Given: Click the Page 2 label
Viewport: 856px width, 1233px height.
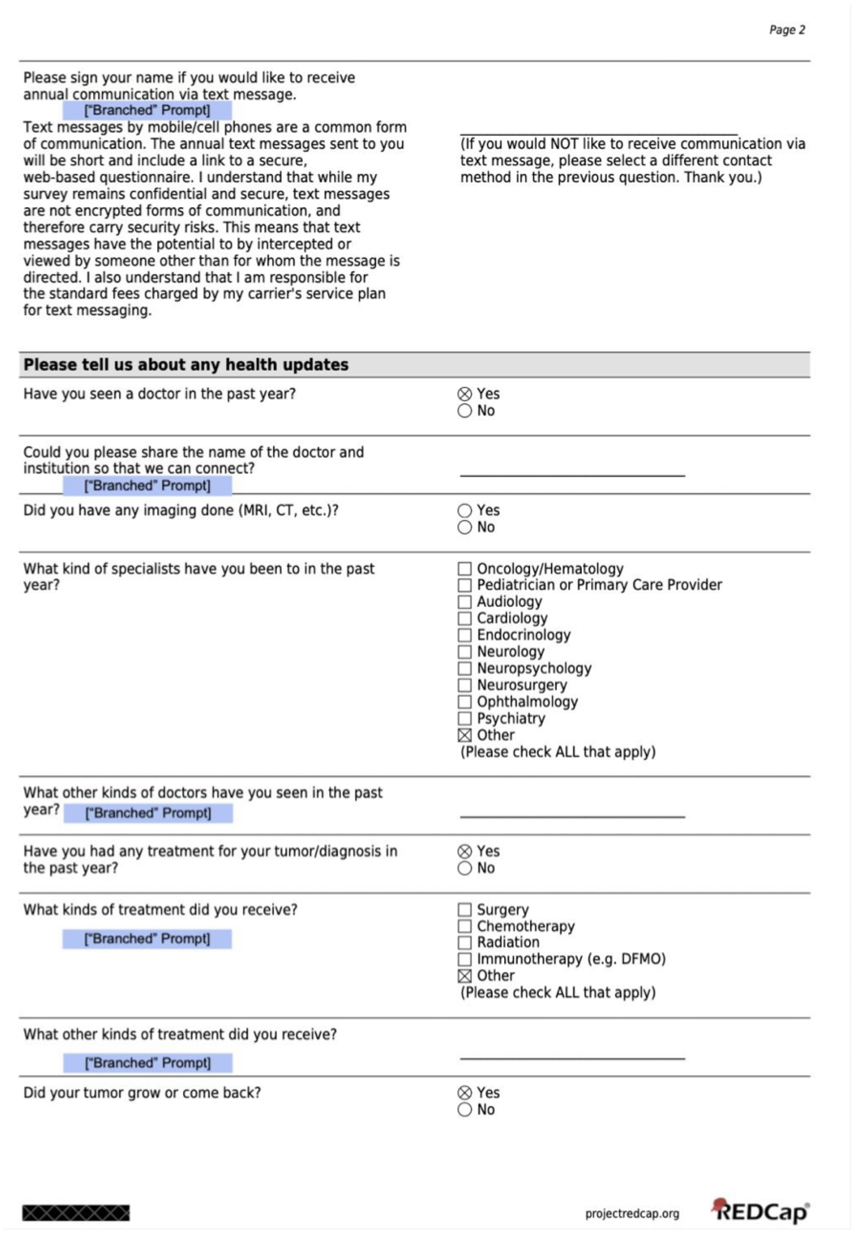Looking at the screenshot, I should coord(787,30).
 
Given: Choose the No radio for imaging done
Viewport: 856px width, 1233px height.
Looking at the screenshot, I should coord(464,527).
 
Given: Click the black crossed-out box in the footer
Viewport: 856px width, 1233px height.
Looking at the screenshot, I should coord(76,1213).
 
